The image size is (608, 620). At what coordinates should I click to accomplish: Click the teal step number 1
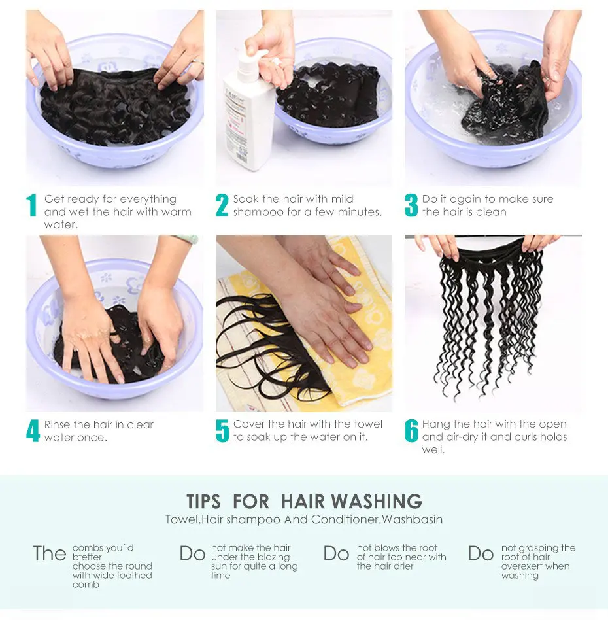[31, 205]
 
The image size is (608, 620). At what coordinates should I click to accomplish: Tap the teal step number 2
[222, 205]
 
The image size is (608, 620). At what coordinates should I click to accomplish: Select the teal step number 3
[411, 205]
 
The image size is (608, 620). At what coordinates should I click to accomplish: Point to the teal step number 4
[33, 430]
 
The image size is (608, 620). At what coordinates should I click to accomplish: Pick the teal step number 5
[222, 430]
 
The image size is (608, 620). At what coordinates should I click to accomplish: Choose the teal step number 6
[411, 430]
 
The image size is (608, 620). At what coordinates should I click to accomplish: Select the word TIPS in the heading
[203, 501]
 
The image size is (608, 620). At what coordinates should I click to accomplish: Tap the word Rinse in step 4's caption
[58, 424]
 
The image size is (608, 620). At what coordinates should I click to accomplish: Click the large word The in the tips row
[50, 553]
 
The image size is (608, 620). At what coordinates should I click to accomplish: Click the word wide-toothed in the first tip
[121, 576]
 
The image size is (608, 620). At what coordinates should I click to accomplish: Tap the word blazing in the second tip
[273, 557]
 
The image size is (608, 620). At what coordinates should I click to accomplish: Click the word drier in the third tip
[403, 566]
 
